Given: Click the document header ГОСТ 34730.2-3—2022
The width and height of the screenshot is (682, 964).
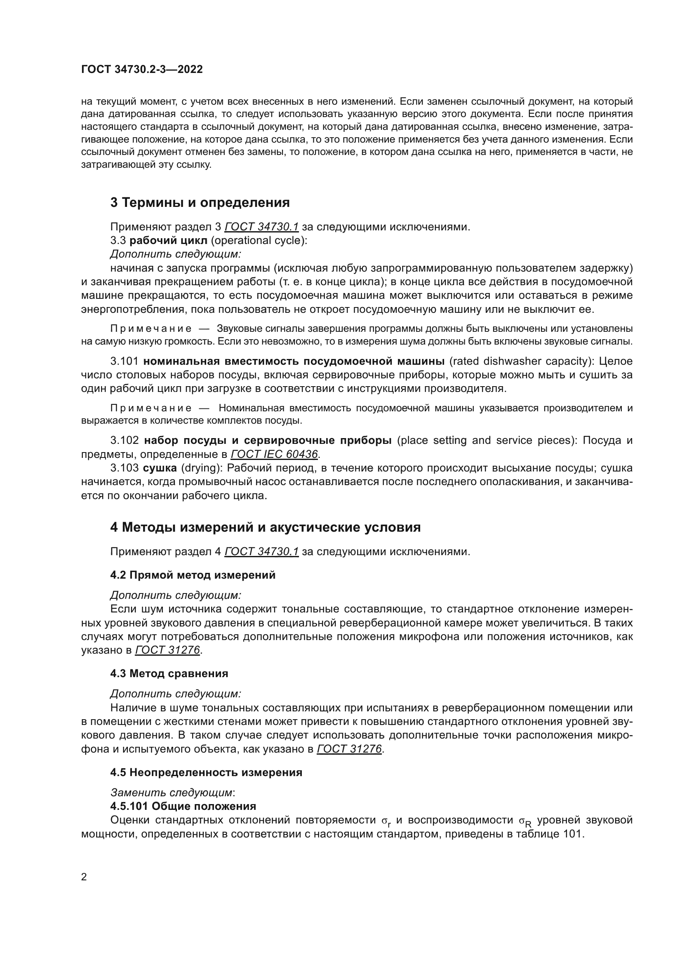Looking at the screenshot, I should (141, 69).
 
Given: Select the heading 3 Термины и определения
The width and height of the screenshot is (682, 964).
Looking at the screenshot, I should (200, 203).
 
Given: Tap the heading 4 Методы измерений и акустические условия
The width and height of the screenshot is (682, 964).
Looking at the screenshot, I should (265, 528).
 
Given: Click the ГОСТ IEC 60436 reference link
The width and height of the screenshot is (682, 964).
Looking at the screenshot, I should (274, 454).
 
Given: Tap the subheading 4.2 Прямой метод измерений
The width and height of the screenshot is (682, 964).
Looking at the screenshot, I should (193, 575).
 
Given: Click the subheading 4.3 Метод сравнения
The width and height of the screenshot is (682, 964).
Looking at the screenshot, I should (169, 673).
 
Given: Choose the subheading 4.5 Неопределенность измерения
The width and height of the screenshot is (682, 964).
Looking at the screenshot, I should (206, 772).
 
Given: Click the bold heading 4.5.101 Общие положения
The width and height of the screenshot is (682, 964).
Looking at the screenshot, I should (183, 806).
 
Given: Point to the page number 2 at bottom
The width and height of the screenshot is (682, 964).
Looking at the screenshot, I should (84, 877).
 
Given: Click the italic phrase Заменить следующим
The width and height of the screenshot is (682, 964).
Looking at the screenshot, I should (172, 793).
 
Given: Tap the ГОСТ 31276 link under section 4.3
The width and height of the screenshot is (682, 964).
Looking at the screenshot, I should (349, 749).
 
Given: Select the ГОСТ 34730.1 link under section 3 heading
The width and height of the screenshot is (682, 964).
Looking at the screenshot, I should (262, 227).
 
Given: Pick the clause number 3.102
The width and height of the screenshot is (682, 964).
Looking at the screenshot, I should (124, 441).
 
